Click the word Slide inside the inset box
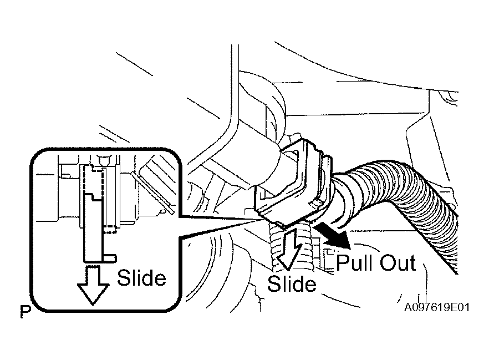[x=141, y=277]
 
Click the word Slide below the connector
[x=292, y=283]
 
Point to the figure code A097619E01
[x=437, y=307]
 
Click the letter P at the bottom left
[x=26, y=312]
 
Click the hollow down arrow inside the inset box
[x=93, y=285]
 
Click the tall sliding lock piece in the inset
[x=93, y=228]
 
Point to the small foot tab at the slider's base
[x=109, y=258]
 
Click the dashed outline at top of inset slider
[x=94, y=179]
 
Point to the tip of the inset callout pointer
[x=261, y=220]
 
